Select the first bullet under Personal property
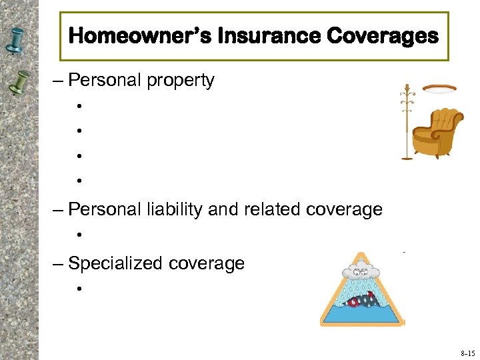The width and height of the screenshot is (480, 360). (x=79, y=106)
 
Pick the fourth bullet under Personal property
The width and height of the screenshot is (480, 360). (x=79, y=181)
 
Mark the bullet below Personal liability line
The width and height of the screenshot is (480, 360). (x=79, y=235)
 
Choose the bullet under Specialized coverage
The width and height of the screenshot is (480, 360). (x=79, y=289)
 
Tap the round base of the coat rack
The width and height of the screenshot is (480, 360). (x=406, y=158)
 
